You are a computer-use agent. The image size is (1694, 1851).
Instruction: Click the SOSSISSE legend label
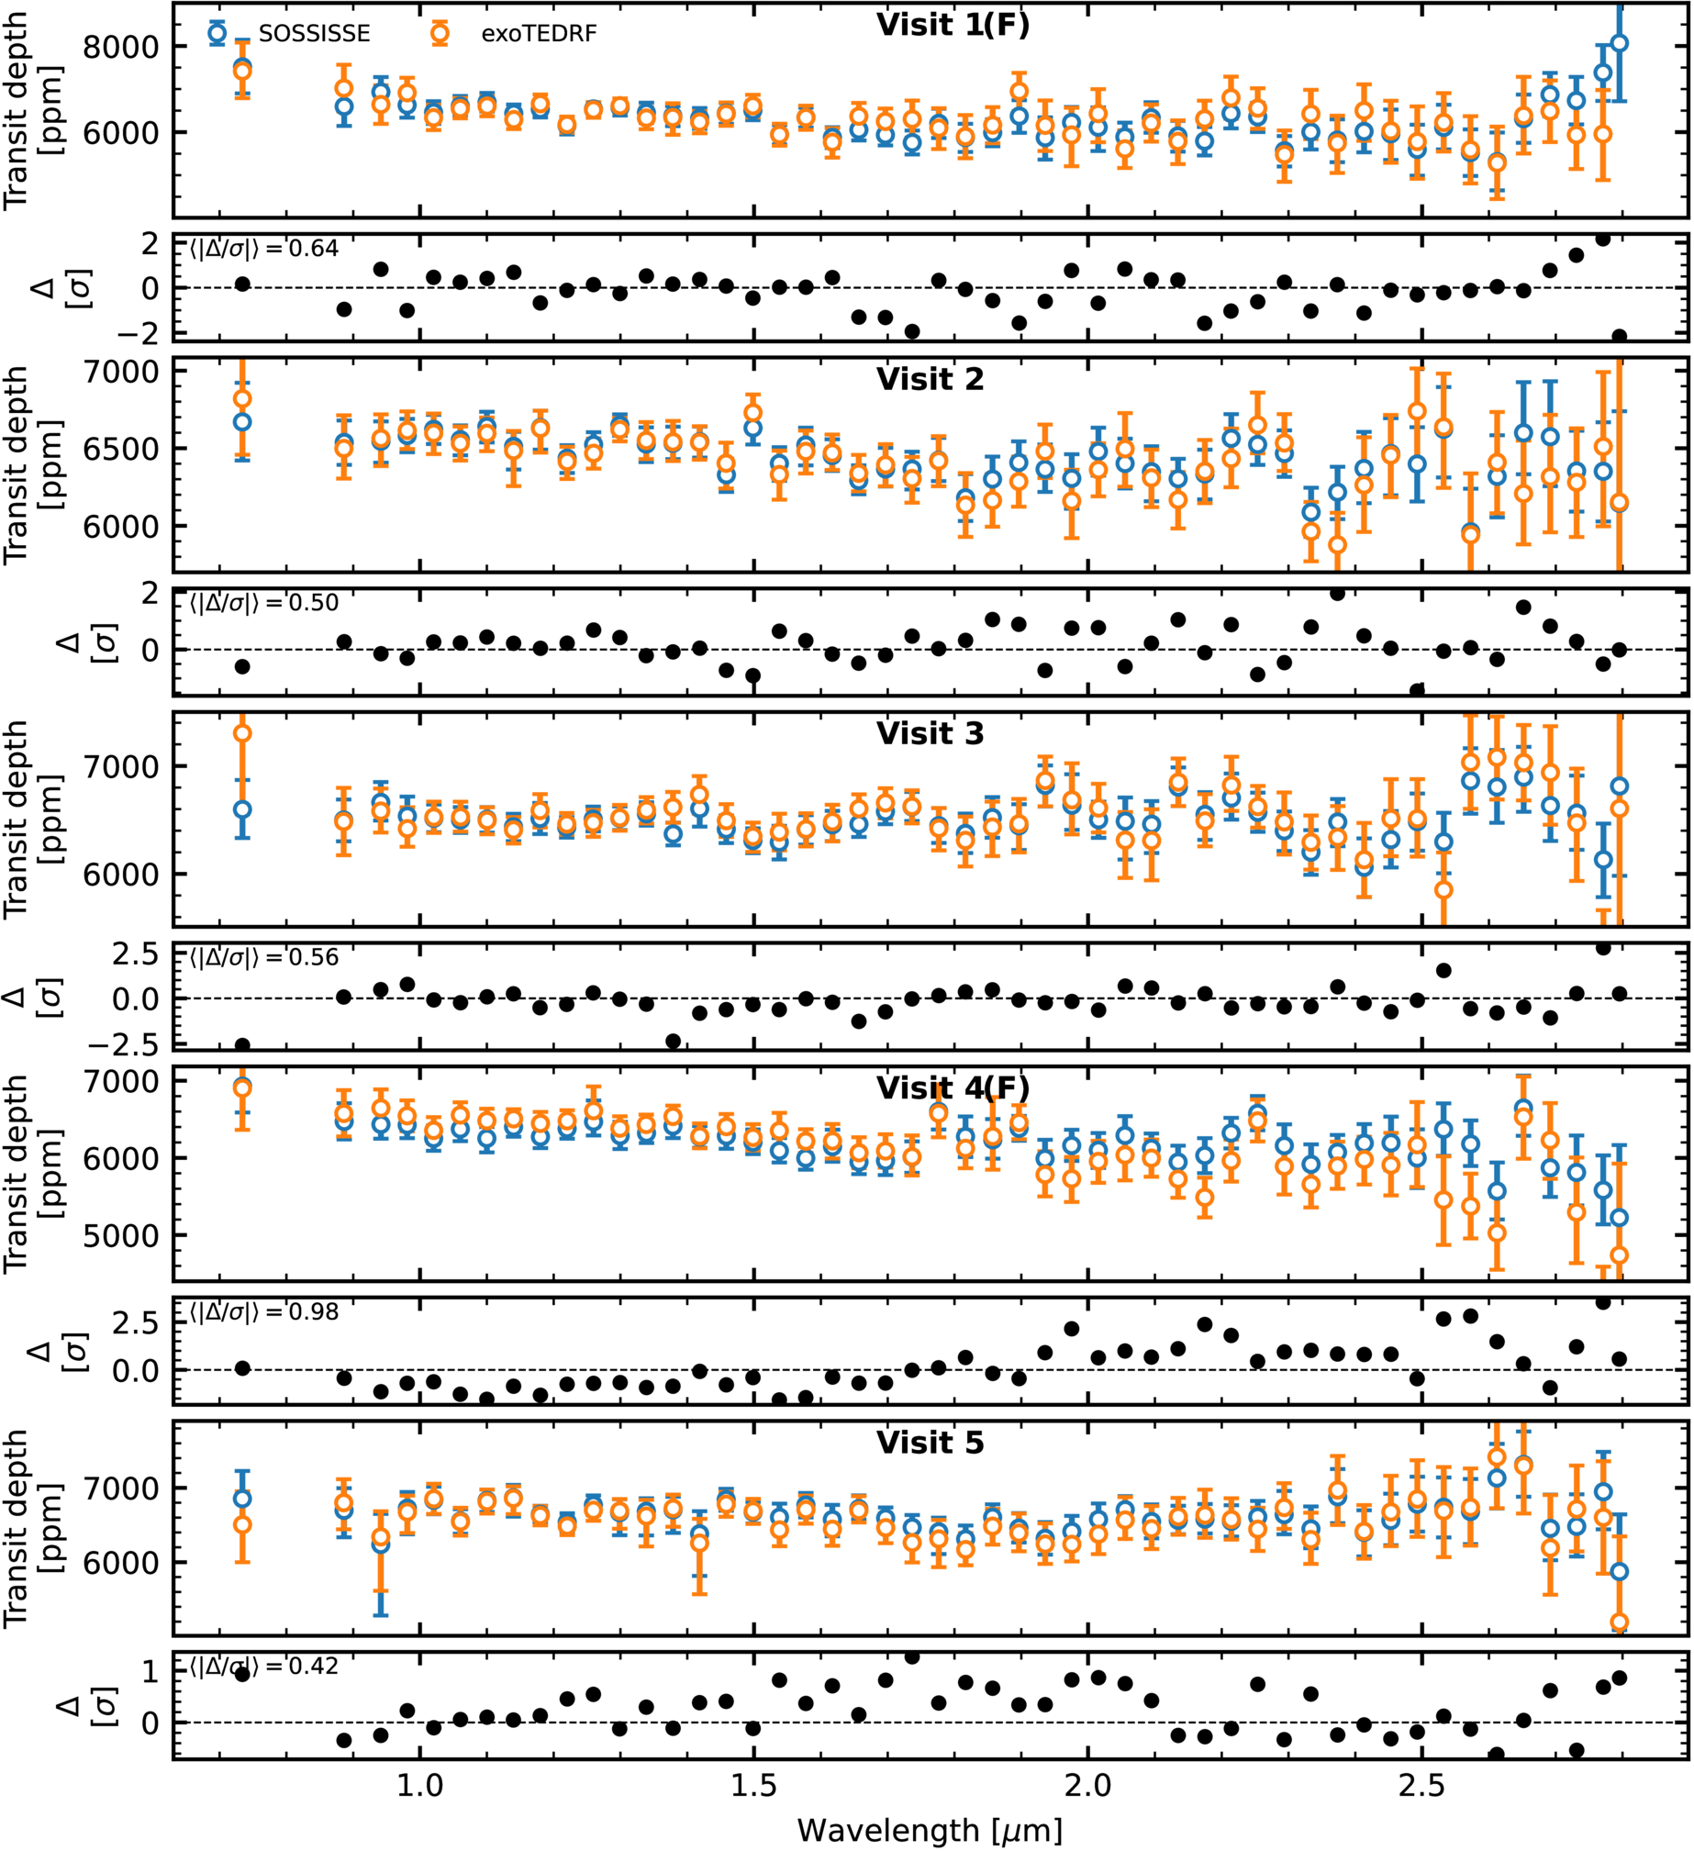pos(314,34)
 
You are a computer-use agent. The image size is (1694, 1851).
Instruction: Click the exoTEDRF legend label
pos(539,34)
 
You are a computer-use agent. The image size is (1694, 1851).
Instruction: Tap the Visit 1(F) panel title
pos(953,25)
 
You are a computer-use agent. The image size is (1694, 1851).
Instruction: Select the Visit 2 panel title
pos(930,379)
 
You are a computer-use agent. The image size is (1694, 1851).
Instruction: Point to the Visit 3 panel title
pos(930,733)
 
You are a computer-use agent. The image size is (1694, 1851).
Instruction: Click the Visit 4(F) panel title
pos(953,1088)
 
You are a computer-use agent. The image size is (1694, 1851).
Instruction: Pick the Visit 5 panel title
pos(930,1443)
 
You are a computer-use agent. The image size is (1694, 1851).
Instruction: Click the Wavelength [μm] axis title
pos(930,1830)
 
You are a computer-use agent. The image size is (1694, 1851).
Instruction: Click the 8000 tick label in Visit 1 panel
pos(120,46)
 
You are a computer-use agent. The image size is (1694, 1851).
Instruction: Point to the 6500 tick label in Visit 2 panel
pos(120,449)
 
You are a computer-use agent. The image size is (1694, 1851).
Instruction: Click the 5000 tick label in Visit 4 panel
pos(120,1235)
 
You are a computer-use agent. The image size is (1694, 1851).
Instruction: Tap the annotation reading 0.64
pos(314,249)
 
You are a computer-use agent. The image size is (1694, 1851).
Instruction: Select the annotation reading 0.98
pos(314,1312)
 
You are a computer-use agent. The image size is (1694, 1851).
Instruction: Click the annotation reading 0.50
pos(314,603)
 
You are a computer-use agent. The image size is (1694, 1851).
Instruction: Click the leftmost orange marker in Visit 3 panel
pos(242,732)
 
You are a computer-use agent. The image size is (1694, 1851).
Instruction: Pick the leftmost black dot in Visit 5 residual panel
pos(242,1674)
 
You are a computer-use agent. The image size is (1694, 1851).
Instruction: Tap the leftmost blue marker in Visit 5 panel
pos(242,1499)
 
